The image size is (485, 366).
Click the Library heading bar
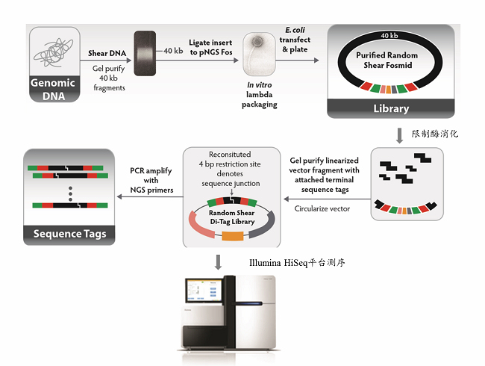tap(390, 109)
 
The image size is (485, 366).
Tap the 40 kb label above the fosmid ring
tap(389, 34)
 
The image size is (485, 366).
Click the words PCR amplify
tap(152, 170)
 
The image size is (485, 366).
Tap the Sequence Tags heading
tap(69, 234)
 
